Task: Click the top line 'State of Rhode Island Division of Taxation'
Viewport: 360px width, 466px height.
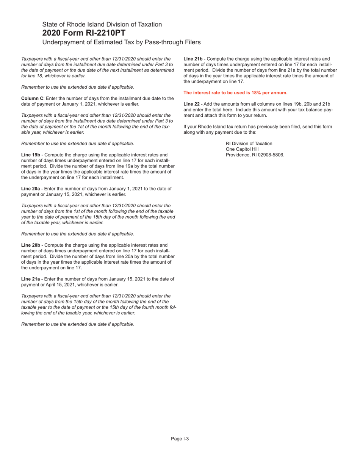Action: (x=102, y=24)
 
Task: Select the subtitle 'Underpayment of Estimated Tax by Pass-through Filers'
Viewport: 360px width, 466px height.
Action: (x=121, y=42)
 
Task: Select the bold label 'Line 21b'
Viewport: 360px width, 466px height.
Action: (x=193, y=59)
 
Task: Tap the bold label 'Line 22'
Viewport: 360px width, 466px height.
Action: (x=191, y=104)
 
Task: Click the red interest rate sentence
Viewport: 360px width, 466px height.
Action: (x=235, y=93)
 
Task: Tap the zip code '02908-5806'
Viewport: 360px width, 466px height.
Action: (x=271, y=155)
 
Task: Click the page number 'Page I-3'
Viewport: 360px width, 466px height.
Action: (x=180, y=439)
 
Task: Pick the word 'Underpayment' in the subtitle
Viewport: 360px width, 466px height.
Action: (x=61, y=42)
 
